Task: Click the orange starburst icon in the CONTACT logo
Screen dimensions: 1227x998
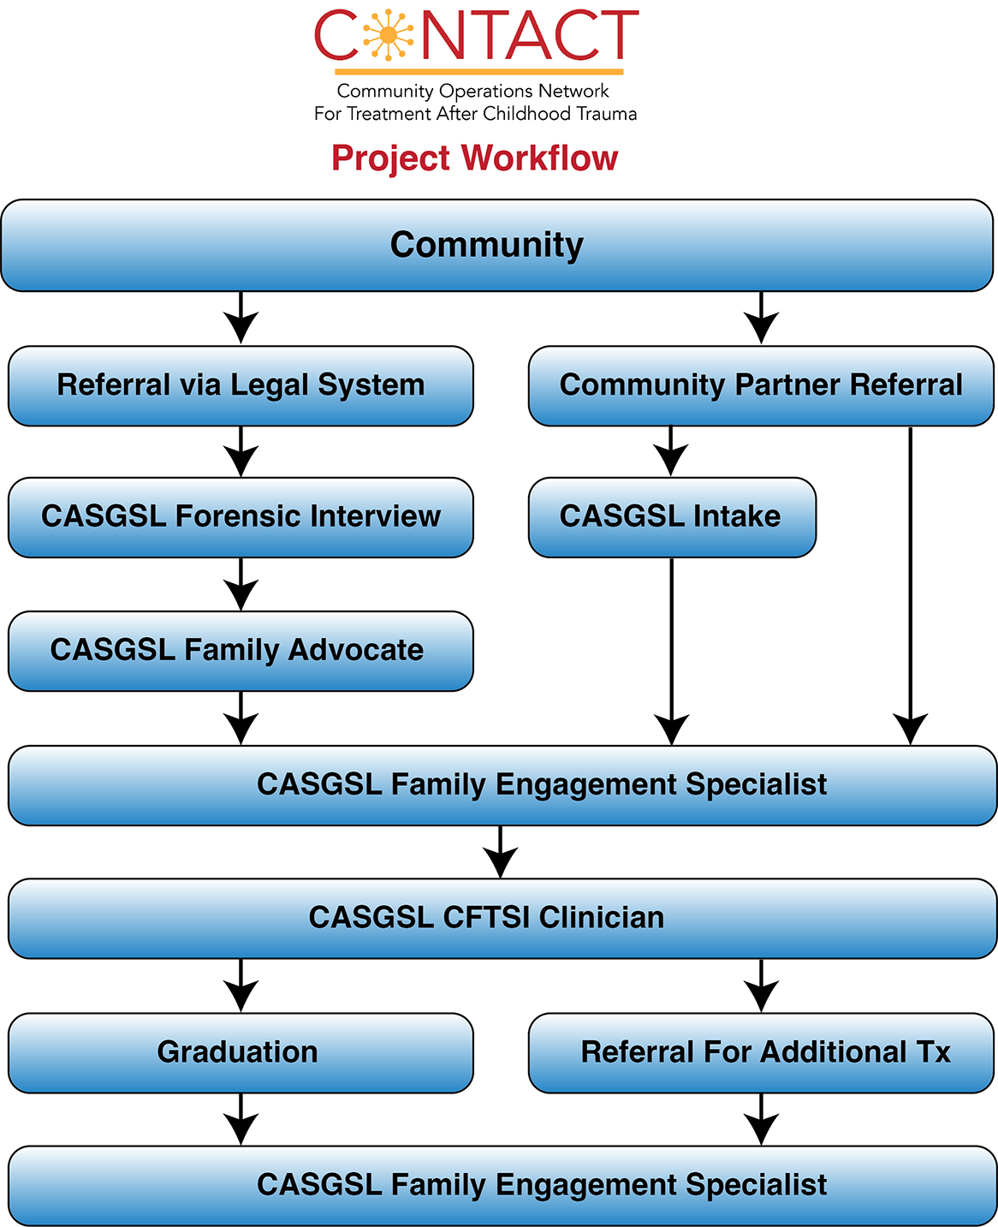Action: click(388, 35)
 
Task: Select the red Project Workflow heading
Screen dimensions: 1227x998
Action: click(474, 158)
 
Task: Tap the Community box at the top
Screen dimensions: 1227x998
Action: click(496, 246)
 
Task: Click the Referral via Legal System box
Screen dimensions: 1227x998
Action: click(241, 385)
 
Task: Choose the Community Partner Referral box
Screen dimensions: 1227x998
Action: click(760, 385)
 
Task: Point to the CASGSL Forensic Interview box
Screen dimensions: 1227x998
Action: click(241, 517)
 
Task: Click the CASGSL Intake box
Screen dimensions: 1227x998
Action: click(671, 517)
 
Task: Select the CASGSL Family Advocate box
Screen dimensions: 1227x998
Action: click(241, 651)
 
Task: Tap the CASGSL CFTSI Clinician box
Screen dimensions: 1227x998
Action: click(502, 918)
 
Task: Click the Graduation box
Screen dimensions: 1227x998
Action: click(241, 1052)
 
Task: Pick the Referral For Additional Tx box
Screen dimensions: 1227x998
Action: click(760, 1052)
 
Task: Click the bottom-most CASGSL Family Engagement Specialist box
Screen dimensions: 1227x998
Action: click(502, 1185)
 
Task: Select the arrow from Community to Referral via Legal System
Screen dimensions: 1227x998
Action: click(241, 319)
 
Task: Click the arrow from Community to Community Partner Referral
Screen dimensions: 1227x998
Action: click(761, 319)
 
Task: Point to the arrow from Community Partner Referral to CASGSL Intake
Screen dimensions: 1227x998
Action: click(671, 452)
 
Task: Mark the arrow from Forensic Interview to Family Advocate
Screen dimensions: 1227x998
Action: click(241, 585)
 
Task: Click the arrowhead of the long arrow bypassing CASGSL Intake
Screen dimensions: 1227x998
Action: click(911, 730)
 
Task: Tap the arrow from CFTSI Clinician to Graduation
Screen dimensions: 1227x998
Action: click(241, 986)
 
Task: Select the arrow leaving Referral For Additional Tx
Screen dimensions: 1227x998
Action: click(761, 1120)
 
